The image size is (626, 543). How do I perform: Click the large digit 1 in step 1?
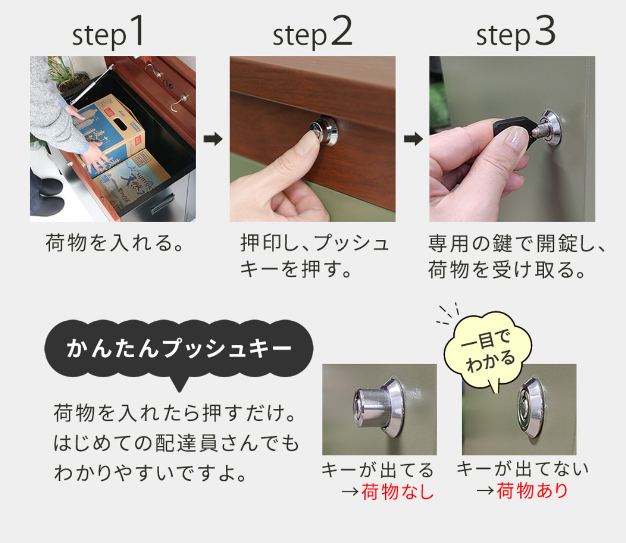(x=137, y=31)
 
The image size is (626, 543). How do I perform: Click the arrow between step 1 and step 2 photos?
(x=213, y=139)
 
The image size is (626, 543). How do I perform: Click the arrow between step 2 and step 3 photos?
(x=413, y=139)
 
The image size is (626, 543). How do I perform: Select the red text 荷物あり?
(x=532, y=491)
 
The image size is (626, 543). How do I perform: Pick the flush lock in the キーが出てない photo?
(x=532, y=407)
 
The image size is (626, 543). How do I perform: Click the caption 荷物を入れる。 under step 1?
(x=114, y=244)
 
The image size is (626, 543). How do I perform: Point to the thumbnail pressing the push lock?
(x=306, y=143)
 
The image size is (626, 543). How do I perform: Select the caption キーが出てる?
(x=378, y=470)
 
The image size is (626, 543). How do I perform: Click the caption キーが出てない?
(x=523, y=468)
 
